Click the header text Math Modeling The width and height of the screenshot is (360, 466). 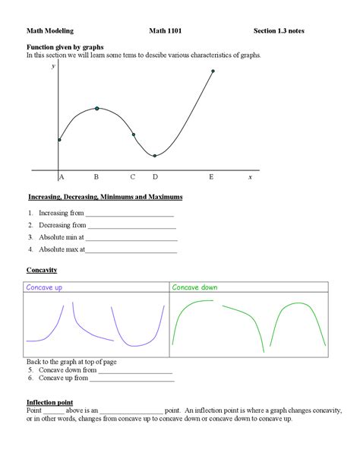click(50, 31)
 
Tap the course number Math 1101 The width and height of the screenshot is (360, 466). click(165, 31)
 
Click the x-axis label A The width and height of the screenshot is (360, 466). click(61, 177)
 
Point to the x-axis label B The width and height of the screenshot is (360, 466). click(96, 177)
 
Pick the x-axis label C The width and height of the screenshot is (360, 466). click(132, 177)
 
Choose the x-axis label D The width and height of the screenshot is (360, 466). click(155, 177)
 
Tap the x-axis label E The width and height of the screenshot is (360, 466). click(212, 177)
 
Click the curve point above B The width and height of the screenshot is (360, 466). click(96, 109)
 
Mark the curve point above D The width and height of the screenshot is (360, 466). click(155, 156)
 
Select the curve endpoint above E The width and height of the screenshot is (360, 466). click(213, 71)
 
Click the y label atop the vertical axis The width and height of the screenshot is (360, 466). click(53, 67)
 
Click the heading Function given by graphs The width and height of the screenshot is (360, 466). click(67, 47)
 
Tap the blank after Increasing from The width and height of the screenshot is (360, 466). click(129, 214)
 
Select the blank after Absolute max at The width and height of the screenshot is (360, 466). click(132, 249)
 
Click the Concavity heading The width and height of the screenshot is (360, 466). click(42, 271)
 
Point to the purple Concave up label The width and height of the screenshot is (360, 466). click(44, 288)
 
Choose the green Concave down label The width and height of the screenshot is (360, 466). click(194, 288)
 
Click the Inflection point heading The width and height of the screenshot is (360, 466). click(49, 401)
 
